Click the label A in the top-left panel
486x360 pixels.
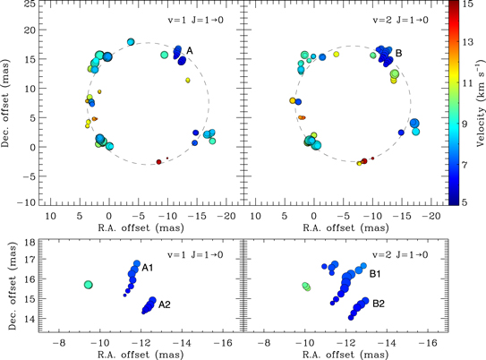tap(190, 51)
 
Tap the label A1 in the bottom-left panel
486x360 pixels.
tap(149, 269)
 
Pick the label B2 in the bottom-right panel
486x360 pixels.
tap(379, 304)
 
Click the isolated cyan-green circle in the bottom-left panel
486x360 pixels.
tap(89, 284)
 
